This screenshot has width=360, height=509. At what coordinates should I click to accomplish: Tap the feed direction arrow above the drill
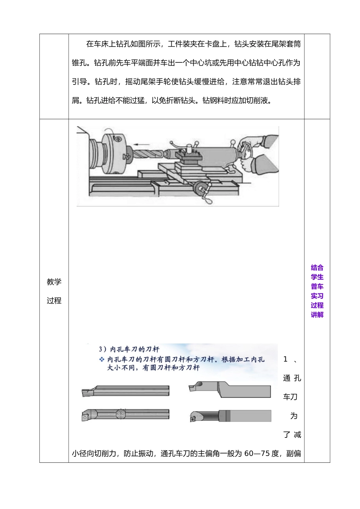coord(140,144)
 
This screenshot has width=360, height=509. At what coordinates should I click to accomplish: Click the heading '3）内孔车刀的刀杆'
coord(129,349)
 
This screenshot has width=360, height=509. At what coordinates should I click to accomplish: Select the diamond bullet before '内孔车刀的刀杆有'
coord(102,359)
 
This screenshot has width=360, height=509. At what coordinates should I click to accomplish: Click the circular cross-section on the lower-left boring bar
coord(121,414)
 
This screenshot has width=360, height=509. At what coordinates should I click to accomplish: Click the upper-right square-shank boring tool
coord(230,390)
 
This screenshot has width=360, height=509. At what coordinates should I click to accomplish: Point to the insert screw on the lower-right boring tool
coord(193,419)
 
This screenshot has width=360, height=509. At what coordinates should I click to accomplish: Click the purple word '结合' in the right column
coord(317,268)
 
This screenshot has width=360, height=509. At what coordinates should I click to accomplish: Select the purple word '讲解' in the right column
coord(317,315)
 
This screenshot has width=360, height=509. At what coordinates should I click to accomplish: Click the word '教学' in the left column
coord(54,282)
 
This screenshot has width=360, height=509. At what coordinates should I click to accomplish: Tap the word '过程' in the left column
coord(54,301)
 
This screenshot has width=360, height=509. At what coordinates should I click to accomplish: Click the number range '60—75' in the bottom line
coord(257,453)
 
